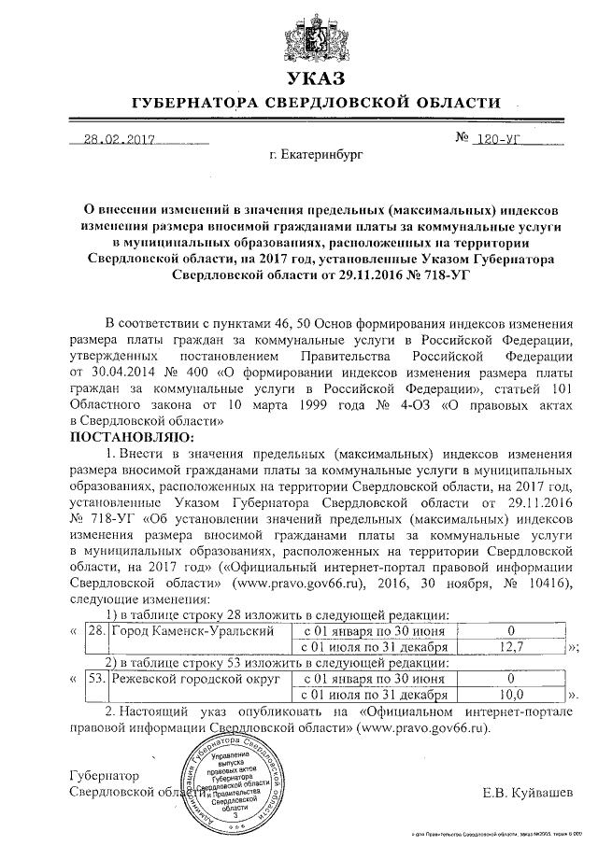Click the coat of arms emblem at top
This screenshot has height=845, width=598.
317,36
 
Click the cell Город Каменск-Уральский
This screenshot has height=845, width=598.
192,630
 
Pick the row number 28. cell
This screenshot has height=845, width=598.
95,630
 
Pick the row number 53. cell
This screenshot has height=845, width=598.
95,680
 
